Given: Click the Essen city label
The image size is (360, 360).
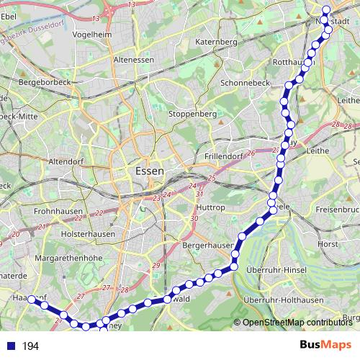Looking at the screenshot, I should click(149, 171).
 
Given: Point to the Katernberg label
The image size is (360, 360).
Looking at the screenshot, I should click(215, 42).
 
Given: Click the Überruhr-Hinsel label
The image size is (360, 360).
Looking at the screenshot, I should click(277, 269).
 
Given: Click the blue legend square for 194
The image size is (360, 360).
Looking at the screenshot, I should click(8, 346).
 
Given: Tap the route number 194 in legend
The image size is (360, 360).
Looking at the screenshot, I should click(30, 346).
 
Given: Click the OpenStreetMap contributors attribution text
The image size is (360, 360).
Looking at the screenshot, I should click(296, 322).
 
